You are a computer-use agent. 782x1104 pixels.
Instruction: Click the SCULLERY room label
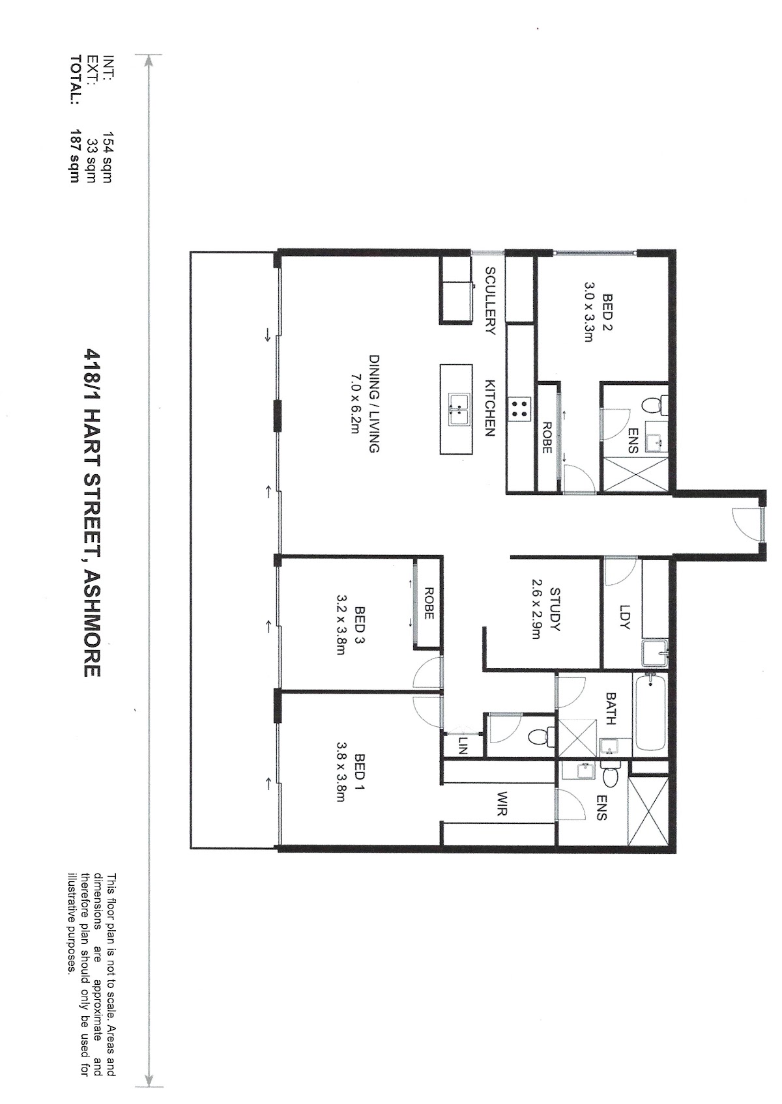[x=490, y=301]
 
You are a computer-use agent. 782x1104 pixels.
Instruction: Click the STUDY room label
[x=555, y=610]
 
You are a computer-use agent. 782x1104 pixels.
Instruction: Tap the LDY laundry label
[x=625, y=617]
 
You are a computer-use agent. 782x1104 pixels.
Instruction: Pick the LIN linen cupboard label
[x=463, y=748]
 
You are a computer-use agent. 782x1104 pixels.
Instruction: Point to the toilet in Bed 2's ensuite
[x=654, y=406]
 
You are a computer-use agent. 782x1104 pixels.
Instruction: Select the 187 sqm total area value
[x=74, y=156]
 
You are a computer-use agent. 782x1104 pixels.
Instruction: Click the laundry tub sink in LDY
[x=655, y=654]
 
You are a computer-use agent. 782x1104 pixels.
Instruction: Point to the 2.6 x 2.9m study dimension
[x=536, y=609]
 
